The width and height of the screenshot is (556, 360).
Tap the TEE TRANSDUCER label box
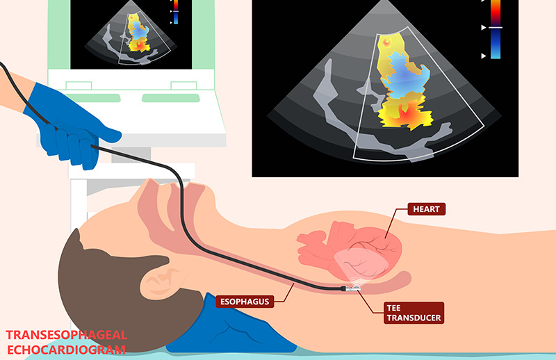coord(413,312)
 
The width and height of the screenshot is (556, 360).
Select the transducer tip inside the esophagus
coord(351,284)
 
